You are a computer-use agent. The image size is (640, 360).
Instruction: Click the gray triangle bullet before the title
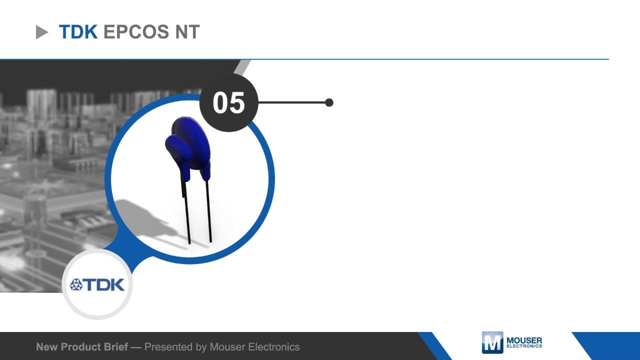click(41, 32)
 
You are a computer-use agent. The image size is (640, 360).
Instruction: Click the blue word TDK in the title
click(78, 31)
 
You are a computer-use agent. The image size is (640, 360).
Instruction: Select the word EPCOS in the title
click(136, 31)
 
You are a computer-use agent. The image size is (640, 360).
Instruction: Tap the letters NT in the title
click(187, 31)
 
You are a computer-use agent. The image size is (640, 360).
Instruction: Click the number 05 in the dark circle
click(228, 102)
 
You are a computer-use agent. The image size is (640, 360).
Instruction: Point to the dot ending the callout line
click(329, 102)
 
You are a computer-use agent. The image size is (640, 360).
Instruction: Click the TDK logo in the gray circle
click(97, 284)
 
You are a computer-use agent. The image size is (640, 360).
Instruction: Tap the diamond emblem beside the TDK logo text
click(76, 284)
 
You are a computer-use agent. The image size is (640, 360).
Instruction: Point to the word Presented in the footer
click(168, 347)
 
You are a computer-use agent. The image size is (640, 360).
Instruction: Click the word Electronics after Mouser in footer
click(273, 347)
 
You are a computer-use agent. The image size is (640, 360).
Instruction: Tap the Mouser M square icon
click(492, 342)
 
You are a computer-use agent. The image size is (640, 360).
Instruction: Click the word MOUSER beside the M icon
click(524, 340)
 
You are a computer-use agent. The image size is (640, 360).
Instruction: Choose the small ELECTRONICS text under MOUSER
click(524, 346)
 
